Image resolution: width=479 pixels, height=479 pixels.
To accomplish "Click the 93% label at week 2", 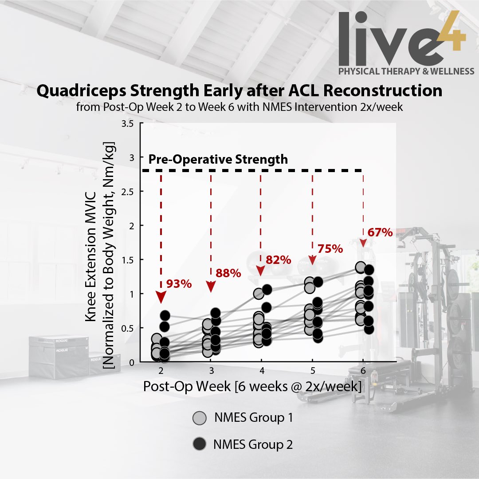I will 179,283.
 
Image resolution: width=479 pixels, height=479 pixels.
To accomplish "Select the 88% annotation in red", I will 228,273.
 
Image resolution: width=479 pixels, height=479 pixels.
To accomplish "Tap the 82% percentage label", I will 278,260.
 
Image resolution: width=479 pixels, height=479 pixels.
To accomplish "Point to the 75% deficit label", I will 330,249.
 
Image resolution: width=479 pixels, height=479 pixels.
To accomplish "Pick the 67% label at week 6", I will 380,232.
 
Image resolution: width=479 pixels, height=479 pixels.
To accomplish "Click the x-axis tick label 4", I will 262,370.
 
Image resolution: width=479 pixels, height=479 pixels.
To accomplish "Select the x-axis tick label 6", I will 363,370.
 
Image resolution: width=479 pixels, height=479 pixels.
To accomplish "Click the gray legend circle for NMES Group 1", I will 200,418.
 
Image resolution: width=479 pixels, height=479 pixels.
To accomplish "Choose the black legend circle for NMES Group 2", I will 200,444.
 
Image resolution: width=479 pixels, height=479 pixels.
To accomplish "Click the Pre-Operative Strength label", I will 218,159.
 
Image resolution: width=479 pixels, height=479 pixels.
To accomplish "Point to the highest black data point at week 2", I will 165,316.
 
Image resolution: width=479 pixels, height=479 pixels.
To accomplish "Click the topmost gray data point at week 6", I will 361,267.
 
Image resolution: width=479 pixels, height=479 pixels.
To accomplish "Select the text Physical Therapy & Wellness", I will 406,71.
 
